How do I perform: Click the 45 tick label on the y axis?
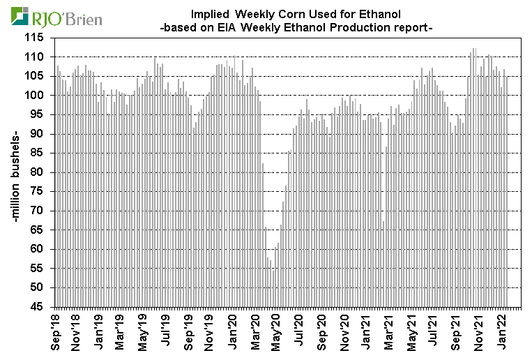coord(41,307)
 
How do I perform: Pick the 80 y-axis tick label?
coord(41,172)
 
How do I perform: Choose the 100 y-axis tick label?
coord(38,96)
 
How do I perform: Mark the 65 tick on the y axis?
coord(41,230)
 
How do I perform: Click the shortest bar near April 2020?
coord(273,285)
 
